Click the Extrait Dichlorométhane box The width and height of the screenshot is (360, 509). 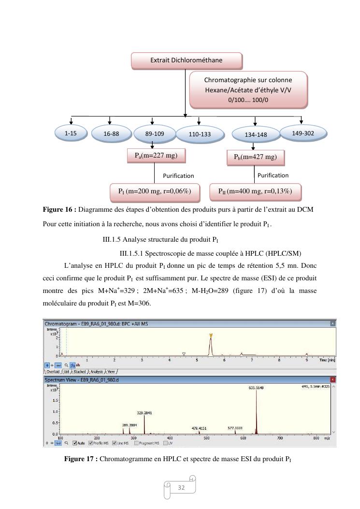(x=187, y=60)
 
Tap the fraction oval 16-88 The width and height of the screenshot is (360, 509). (x=111, y=134)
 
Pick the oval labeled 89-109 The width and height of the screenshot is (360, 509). (x=152, y=134)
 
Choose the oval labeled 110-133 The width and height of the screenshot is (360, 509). (x=200, y=134)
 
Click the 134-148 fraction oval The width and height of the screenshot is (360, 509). (x=256, y=135)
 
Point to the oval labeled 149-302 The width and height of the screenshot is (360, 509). (x=303, y=133)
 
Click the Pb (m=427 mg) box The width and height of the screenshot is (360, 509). (x=255, y=157)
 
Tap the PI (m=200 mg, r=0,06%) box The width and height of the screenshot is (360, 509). (x=155, y=191)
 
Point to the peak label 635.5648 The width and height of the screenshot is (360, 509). (x=256, y=388)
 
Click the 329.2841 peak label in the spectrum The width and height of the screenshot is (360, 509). (x=144, y=413)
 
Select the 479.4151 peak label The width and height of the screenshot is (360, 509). (x=199, y=428)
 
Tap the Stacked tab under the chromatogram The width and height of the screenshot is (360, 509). (x=79, y=372)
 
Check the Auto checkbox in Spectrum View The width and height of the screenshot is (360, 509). (x=75, y=443)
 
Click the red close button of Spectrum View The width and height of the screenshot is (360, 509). (x=332, y=380)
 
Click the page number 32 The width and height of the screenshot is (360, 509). (x=182, y=488)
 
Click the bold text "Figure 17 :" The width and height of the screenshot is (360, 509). (x=81, y=459)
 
